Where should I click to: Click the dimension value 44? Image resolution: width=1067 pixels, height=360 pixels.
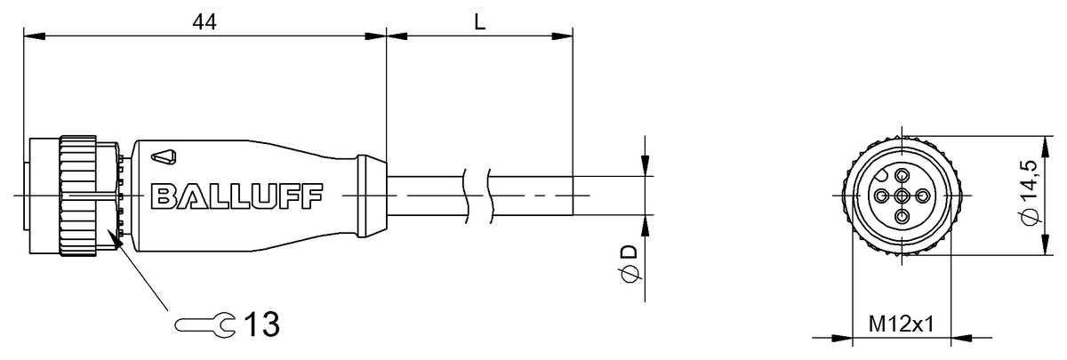[205, 22]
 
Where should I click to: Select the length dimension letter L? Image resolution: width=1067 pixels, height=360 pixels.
[479, 22]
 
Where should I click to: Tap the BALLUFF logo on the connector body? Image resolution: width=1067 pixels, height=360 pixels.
[237, 196]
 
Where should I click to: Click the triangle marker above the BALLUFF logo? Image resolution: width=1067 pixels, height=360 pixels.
[164, 157]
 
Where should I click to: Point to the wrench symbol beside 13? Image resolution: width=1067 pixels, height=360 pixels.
[205, 324]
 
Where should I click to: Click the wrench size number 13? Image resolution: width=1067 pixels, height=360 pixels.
[261, 324]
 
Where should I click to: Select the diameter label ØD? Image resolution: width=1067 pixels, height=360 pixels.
[630, 263]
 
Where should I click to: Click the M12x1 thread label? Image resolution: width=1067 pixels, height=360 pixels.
[902, 324]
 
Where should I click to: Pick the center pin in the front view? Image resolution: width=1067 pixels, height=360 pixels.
[902, 196]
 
